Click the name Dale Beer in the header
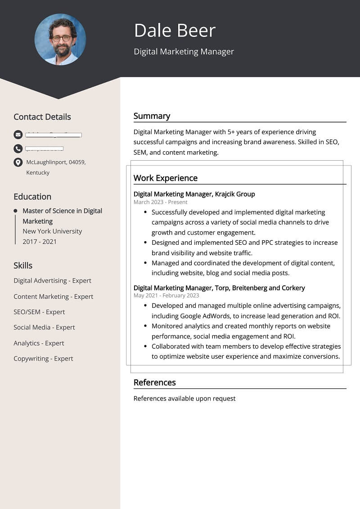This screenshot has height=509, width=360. pyautogui.click(x=175, y=30)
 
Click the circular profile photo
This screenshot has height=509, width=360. pyautogui.click(x=60, y=39)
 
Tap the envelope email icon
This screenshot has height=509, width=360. pyautogui.click(x=18, y=135)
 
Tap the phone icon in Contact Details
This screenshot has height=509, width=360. pyautogui.click(x=18, y=149)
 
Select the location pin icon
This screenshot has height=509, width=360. pyautogui.click(x=18, y=162)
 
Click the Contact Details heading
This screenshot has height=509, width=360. pyautogui.click(x=42, y=117)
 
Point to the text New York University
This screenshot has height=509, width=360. pyautogui.click(x=52, y=231)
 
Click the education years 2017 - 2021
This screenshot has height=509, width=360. pyautogui.click(x=40, y=242)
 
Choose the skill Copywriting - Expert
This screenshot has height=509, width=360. pyautogui.click(x=43, y=359)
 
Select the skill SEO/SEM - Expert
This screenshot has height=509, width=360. pyautogui.click(x=39, y=312)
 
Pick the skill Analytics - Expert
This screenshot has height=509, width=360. pyautogui.click(x=39, y=343)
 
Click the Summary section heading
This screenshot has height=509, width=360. pyautogui.click(x=152, y=116)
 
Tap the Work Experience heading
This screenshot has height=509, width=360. pyautogui.click(x=165, y=178)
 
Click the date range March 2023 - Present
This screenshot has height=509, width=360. pyautogui.click(x=160, y=202)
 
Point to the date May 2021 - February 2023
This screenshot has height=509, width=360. pyautogui.click(x=166, y=295)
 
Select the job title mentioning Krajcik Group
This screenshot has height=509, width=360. pyautogui.click(x=194, y=194)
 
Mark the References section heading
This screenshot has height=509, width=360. pyautogui.click(x=154, y=383)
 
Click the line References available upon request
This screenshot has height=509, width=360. pyautogui.click(x=184, y=398)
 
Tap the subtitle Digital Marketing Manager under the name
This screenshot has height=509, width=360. pyautogui.click(x=184, y=52)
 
